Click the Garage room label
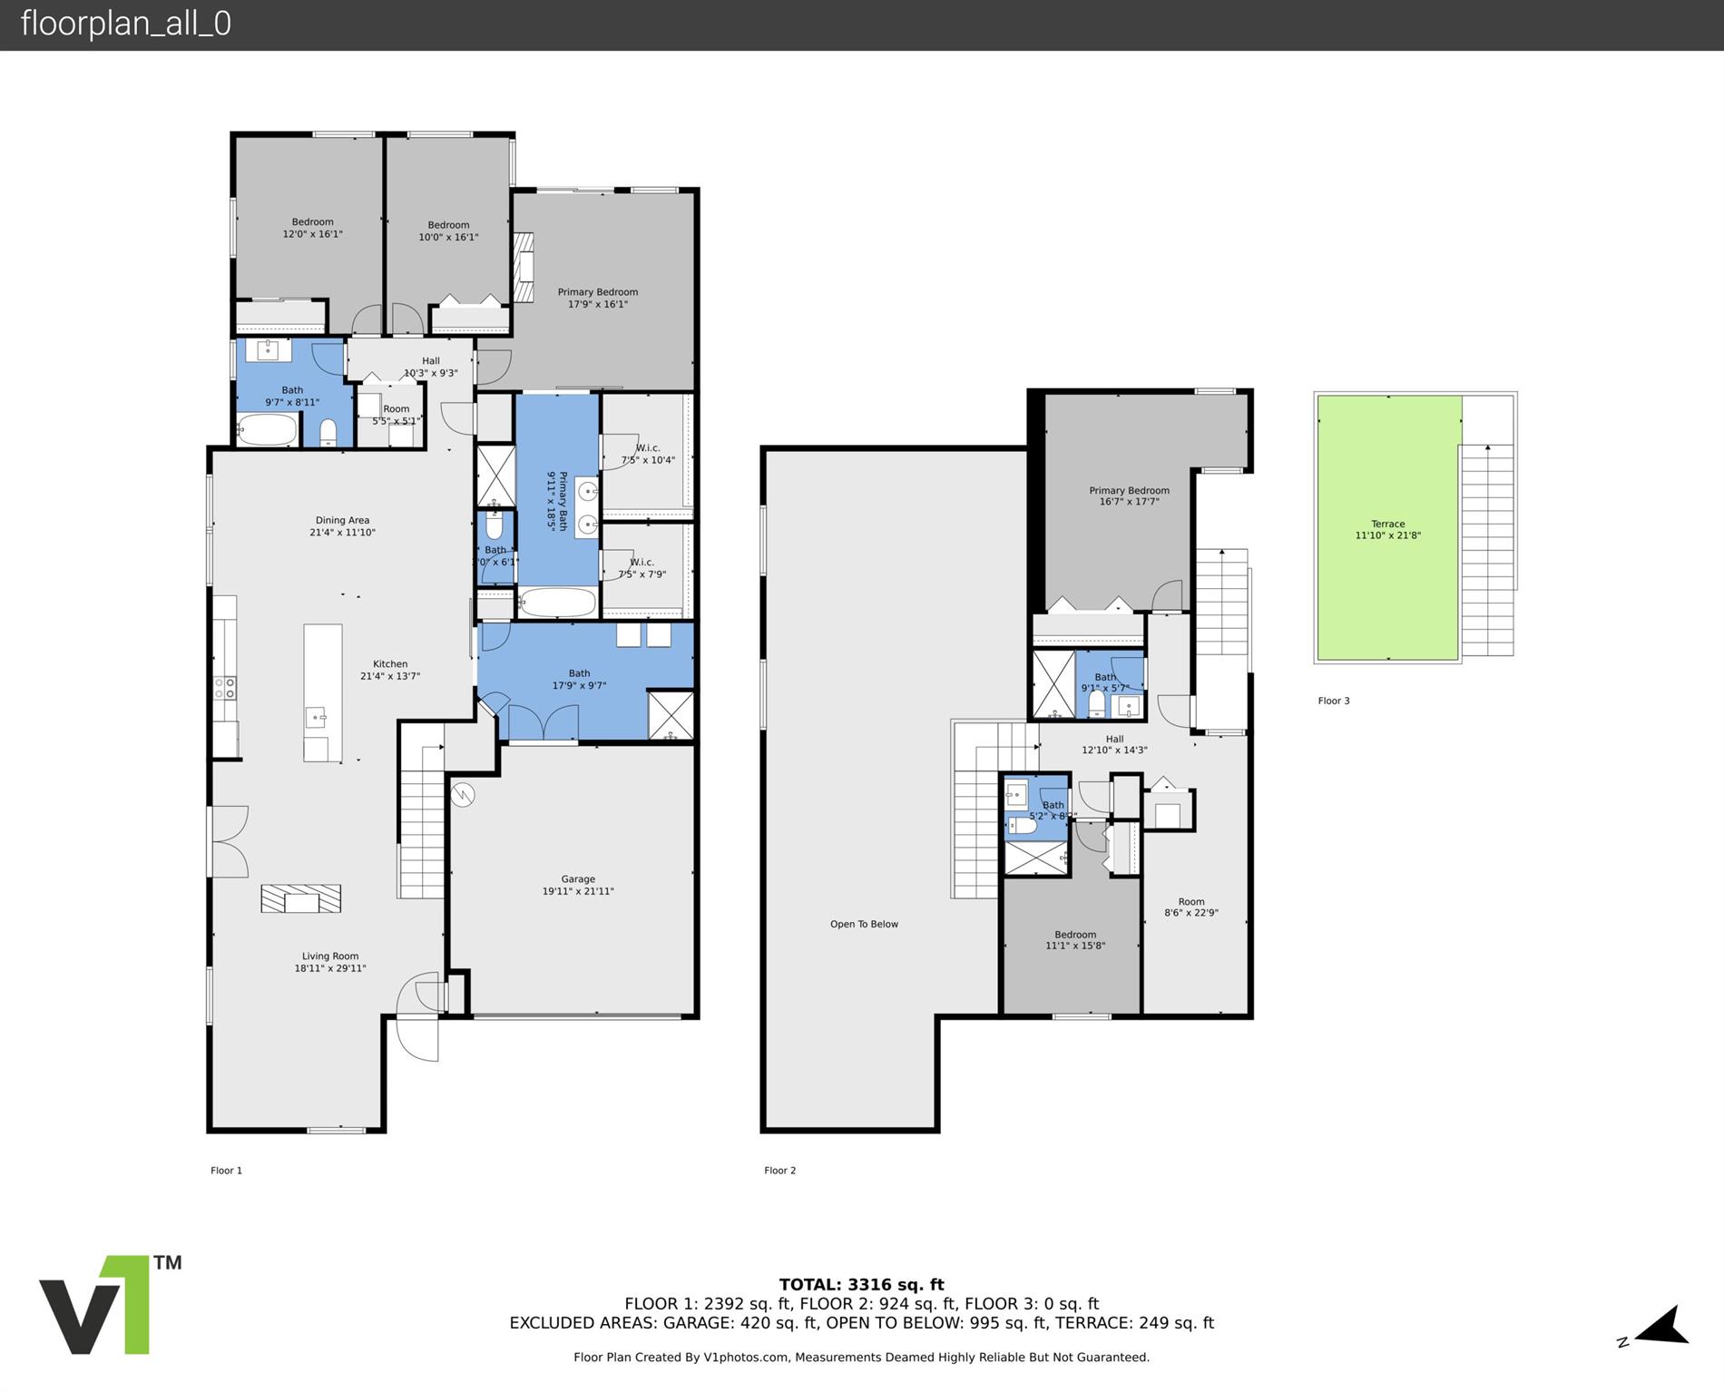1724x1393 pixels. point(578,885)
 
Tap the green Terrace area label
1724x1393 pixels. point(1387,529)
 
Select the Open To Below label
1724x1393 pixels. point(864,924)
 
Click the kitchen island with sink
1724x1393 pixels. point(322,692)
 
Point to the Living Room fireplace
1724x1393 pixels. point(301,898)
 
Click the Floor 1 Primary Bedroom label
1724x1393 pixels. point(597,298)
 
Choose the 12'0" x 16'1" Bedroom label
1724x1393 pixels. point(312,228)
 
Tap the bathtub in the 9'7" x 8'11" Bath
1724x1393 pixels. point(268,430)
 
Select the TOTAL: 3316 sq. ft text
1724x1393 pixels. point(861,1284)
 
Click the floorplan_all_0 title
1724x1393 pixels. point(125,24)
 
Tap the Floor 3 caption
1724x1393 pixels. point(1333,701)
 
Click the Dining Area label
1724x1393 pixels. point(342,526)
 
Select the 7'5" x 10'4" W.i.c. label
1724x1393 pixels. point(648,454)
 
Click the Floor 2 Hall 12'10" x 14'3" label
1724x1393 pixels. point(1114,744)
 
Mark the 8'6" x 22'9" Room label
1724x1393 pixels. point(1190,907)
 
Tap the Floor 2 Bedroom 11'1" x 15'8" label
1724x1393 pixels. point(1075,940)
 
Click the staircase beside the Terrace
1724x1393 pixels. point(1487,549)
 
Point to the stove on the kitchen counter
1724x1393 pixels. point(224,687)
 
